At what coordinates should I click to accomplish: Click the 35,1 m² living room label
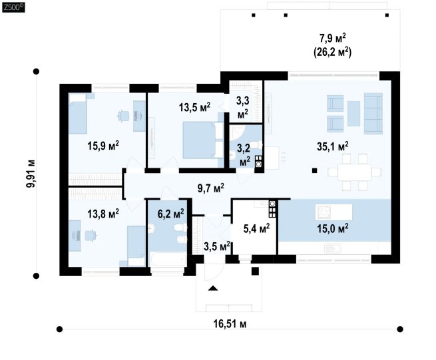[x=333, y=146]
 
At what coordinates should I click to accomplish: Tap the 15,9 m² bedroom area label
[x=103, y=145]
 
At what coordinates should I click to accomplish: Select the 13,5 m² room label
[x=194, y=106]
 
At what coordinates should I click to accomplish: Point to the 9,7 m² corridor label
[x=211, y=188]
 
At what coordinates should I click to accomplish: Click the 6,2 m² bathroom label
[x=170, y=214]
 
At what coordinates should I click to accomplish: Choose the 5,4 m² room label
[x=256, y=228]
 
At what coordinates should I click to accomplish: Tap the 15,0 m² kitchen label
[x=333, y=228]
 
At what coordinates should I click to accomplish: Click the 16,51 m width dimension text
[x=230, y=324]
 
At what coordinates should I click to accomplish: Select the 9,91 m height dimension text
[x=31, y=174]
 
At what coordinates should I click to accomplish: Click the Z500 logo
[x=13, y=7]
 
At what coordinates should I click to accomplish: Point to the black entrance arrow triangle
[x=213, y=288]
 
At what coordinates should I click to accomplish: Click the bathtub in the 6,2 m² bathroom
[x=167, y=260]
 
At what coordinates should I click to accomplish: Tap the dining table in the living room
[x=355, y=172]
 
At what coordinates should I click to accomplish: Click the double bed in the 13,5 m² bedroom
[x=203, y=140]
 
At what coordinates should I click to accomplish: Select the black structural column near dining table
[x=314, y=171]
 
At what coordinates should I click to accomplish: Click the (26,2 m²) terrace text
[x=333, y=52]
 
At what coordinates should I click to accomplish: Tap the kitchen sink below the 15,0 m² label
[x=333, y=248]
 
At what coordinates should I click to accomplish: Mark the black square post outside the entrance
[x=255, y=271]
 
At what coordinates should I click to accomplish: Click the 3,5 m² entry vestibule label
[x=216, y=246]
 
